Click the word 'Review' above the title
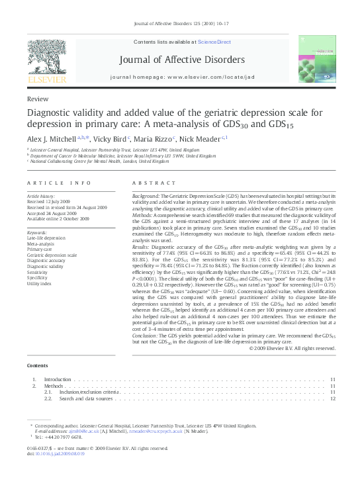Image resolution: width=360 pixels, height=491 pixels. point(37,98)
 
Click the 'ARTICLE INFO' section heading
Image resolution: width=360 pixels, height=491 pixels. point(60,183)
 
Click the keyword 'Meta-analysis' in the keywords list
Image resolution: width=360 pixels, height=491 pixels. point(41,244)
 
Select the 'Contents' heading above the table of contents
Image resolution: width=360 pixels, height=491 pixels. point(37,366)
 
